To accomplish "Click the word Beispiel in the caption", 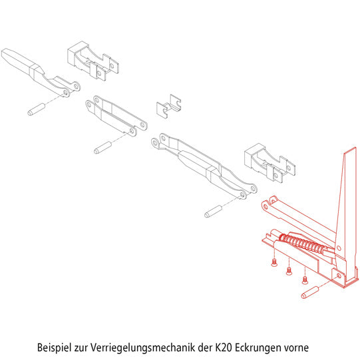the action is pos(54,347).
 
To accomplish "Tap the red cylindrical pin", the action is pos(310,293).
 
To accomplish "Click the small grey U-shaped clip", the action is pos(169,106).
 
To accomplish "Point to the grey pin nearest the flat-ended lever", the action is pos(37,110).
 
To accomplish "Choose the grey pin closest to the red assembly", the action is pos(214,212).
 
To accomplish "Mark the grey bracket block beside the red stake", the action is pos(270,163).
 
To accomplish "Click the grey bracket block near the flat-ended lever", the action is pos(93,61).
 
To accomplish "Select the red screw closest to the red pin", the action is pos(305,280).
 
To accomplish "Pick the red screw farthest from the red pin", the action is pos(274,262).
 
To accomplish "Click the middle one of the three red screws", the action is pos(289,271).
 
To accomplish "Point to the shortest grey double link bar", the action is pos(116,116).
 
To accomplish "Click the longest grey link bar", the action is pos(204,166).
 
